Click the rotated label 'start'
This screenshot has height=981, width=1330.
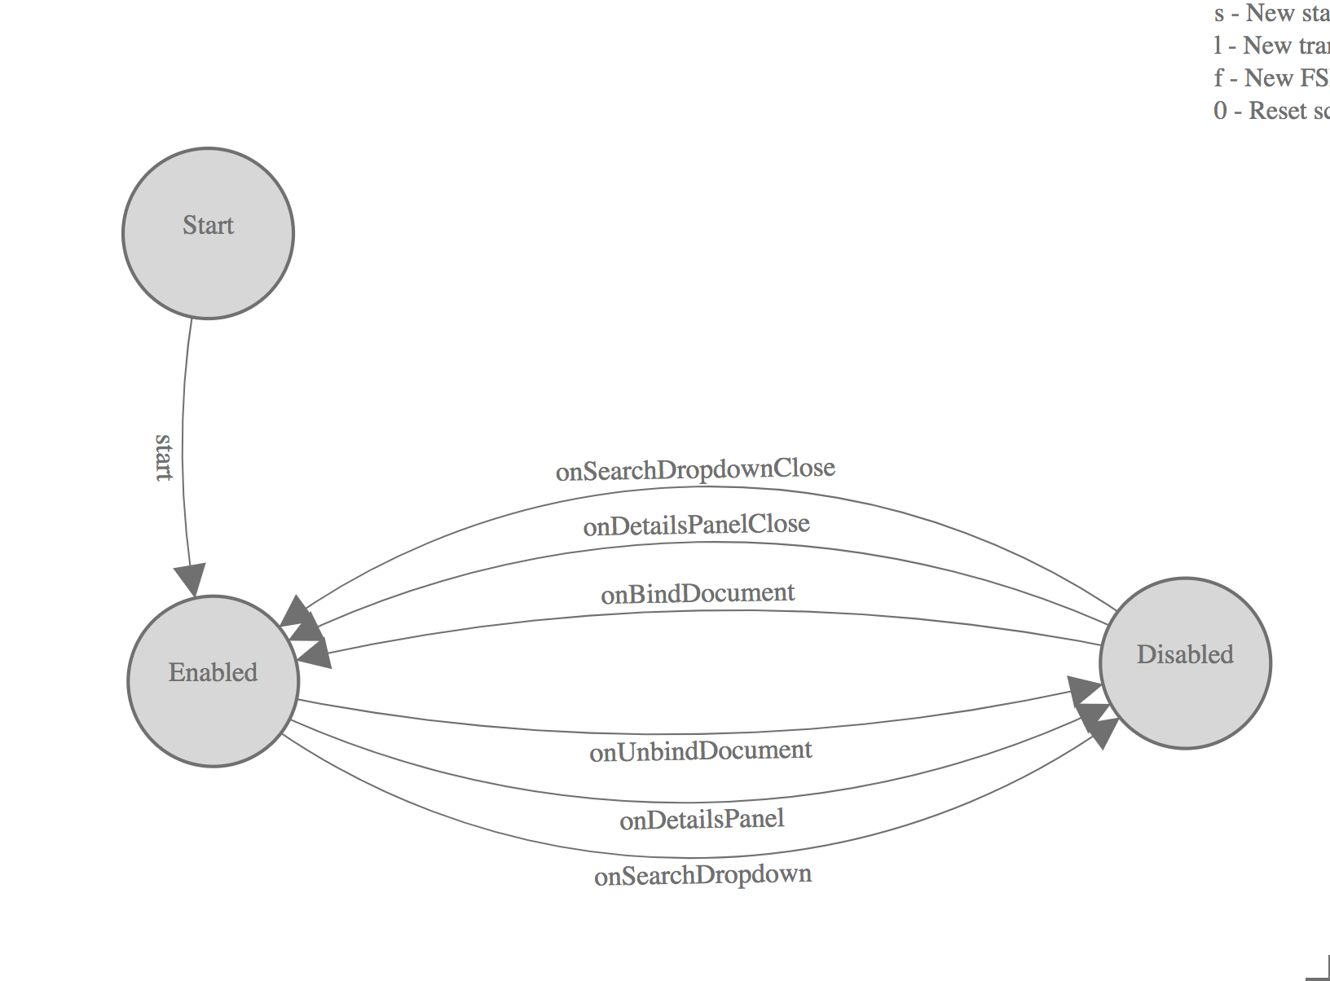point(164,458)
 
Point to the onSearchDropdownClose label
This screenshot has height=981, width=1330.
point(695,469)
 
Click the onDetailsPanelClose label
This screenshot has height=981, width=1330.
point(696,525)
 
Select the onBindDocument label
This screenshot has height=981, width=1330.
point(698,594)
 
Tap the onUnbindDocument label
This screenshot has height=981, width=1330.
point(700,750)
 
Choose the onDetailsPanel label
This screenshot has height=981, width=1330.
point(702,819)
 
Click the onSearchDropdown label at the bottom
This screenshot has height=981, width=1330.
point(702,875)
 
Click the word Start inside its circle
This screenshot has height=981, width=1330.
point(208,225)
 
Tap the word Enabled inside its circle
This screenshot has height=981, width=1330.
point(213,672)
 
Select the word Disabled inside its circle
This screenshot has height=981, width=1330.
point(1185,654)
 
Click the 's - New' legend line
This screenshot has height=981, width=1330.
point(1271,13)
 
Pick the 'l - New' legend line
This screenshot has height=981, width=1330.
point(1271,46)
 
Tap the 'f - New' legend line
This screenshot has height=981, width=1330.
point(1271,78)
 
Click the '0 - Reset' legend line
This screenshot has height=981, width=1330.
point(1271,111)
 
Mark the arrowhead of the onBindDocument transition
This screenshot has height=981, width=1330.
point(315,653)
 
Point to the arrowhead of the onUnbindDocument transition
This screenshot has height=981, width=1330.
point(1085,692)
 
